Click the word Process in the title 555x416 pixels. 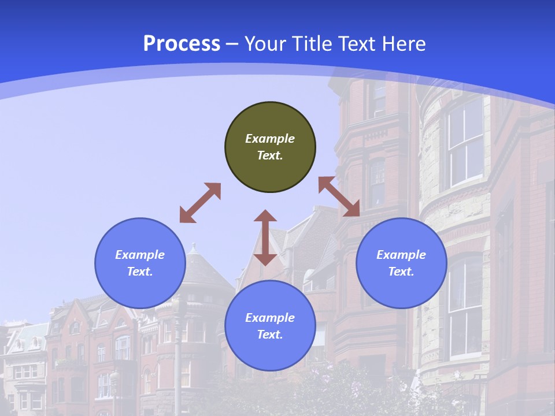tap(182, 44)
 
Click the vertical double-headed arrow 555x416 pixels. tap(265, 237)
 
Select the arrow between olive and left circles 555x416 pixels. tap(200, 203)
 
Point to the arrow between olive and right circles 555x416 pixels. tap(339, 196)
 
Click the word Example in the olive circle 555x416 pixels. tap(270, 139)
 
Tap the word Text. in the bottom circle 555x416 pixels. tap(270, 335)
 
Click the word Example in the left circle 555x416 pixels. tap(140, 255)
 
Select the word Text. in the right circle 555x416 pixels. tap(401, 272)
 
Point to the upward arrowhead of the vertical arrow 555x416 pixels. tap(265, 217)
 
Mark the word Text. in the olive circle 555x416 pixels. tap(270, 155)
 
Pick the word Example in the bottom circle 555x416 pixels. tap(270, 318)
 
